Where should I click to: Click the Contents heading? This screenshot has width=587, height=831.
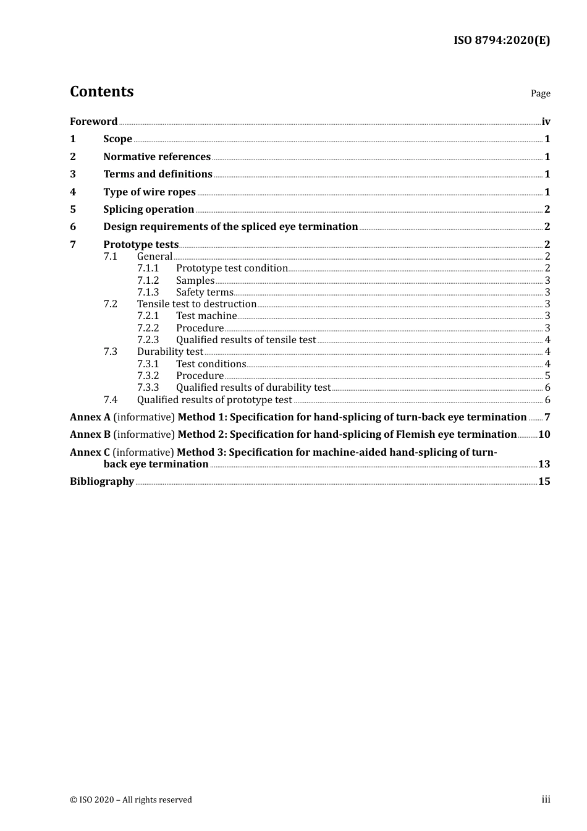[x=101, y=92]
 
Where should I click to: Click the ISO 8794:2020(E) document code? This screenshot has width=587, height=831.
[x=502, y=41]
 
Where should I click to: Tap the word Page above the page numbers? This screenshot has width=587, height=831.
[x=540, y=93]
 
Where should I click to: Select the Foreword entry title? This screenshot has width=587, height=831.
[x=93, y=122]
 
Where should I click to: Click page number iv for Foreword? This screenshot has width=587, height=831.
[x=546, y=122]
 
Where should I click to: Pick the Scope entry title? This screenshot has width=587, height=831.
[x=117, y=139]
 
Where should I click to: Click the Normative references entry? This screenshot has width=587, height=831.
[x=157, y=157]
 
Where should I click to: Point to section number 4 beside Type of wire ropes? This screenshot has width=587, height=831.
[x=73, y=192]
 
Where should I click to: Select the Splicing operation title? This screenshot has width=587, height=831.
[x=148, y=210]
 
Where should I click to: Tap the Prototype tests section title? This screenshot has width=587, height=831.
[x=141, y=245]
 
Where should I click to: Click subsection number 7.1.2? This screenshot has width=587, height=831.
[x=148, y=281]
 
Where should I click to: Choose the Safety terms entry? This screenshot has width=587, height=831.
[x=205, y=292]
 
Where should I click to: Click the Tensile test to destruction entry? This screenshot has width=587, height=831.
[x=196, y=304]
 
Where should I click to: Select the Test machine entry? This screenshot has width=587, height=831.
[x=206, y=316]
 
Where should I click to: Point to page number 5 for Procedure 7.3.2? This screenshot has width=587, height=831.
[x=547, y=376]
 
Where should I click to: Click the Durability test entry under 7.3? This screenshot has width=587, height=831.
[x=170, y=352]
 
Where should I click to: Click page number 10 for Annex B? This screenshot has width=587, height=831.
[x=544, y=435]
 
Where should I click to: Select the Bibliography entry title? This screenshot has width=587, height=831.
[x=102, y=482]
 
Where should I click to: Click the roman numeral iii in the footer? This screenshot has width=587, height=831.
[x=546, y=799]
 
